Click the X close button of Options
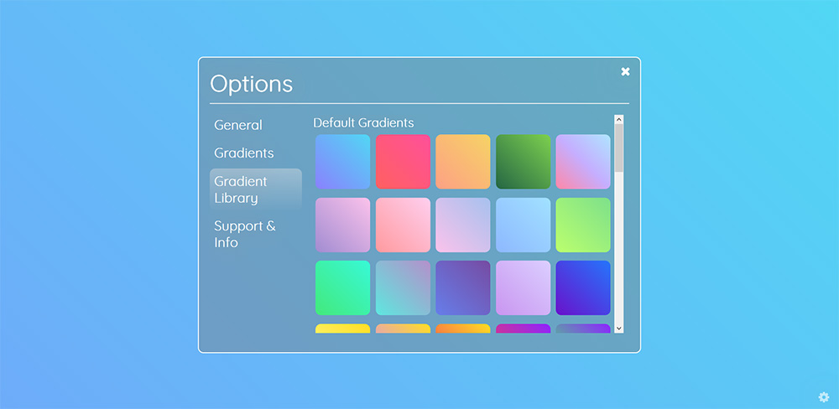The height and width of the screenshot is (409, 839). (x=625, y=71)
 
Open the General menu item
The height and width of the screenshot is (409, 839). (x=238, y=125)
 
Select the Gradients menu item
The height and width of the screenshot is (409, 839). (x=244, y=153)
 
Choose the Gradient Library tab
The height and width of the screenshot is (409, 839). (x=256, y=189)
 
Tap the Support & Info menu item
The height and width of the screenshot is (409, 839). (x=245, y=234)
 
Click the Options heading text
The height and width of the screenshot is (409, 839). (x=252, y=84)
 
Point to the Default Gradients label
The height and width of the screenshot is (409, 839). (x=363, y=123)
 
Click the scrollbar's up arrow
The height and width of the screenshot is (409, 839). (x=618, y=119)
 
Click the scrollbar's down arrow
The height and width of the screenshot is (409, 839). (x=618, y=329)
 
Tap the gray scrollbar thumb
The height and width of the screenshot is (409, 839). (x=618, y=148)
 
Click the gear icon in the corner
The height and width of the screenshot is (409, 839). (x=824, y=396)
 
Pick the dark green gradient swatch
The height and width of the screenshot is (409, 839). (x=523, y=162)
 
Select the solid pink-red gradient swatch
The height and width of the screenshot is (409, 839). (x=403, y=162)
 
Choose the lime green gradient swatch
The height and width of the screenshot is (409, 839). (x=583, y=225)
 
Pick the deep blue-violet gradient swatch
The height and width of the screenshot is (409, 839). (x=583, y=287)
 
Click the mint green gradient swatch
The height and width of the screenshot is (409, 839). (x=342, y=287)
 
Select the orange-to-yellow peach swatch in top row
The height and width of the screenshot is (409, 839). (x=463, y=162)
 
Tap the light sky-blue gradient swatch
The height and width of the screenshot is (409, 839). (x=523, y=225)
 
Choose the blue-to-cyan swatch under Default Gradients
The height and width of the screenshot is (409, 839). (x=342, y=162)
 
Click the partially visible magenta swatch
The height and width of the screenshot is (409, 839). (x=523, y=329)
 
